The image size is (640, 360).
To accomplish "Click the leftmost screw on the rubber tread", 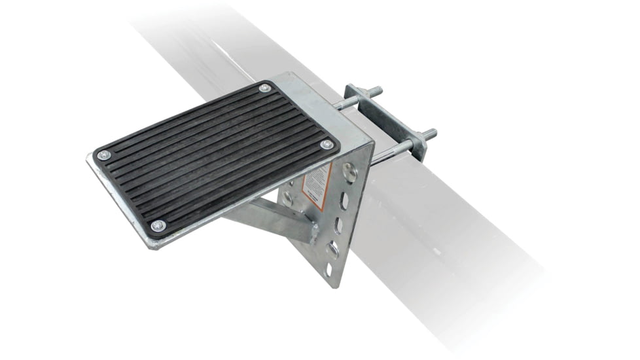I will tap(103, 155).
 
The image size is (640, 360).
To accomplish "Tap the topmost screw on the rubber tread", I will tap(264, 88).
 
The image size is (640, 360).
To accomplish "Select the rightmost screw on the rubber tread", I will tap(326, 144).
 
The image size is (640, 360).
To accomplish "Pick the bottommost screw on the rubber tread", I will tap(158, 226).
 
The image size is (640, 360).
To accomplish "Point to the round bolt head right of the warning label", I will tap(349, 173).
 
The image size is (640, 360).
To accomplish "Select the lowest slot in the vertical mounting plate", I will tap(329, 268).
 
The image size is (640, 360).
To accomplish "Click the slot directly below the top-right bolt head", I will tap(345, 200).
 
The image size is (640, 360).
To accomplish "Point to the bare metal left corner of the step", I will tap(89, 158).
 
